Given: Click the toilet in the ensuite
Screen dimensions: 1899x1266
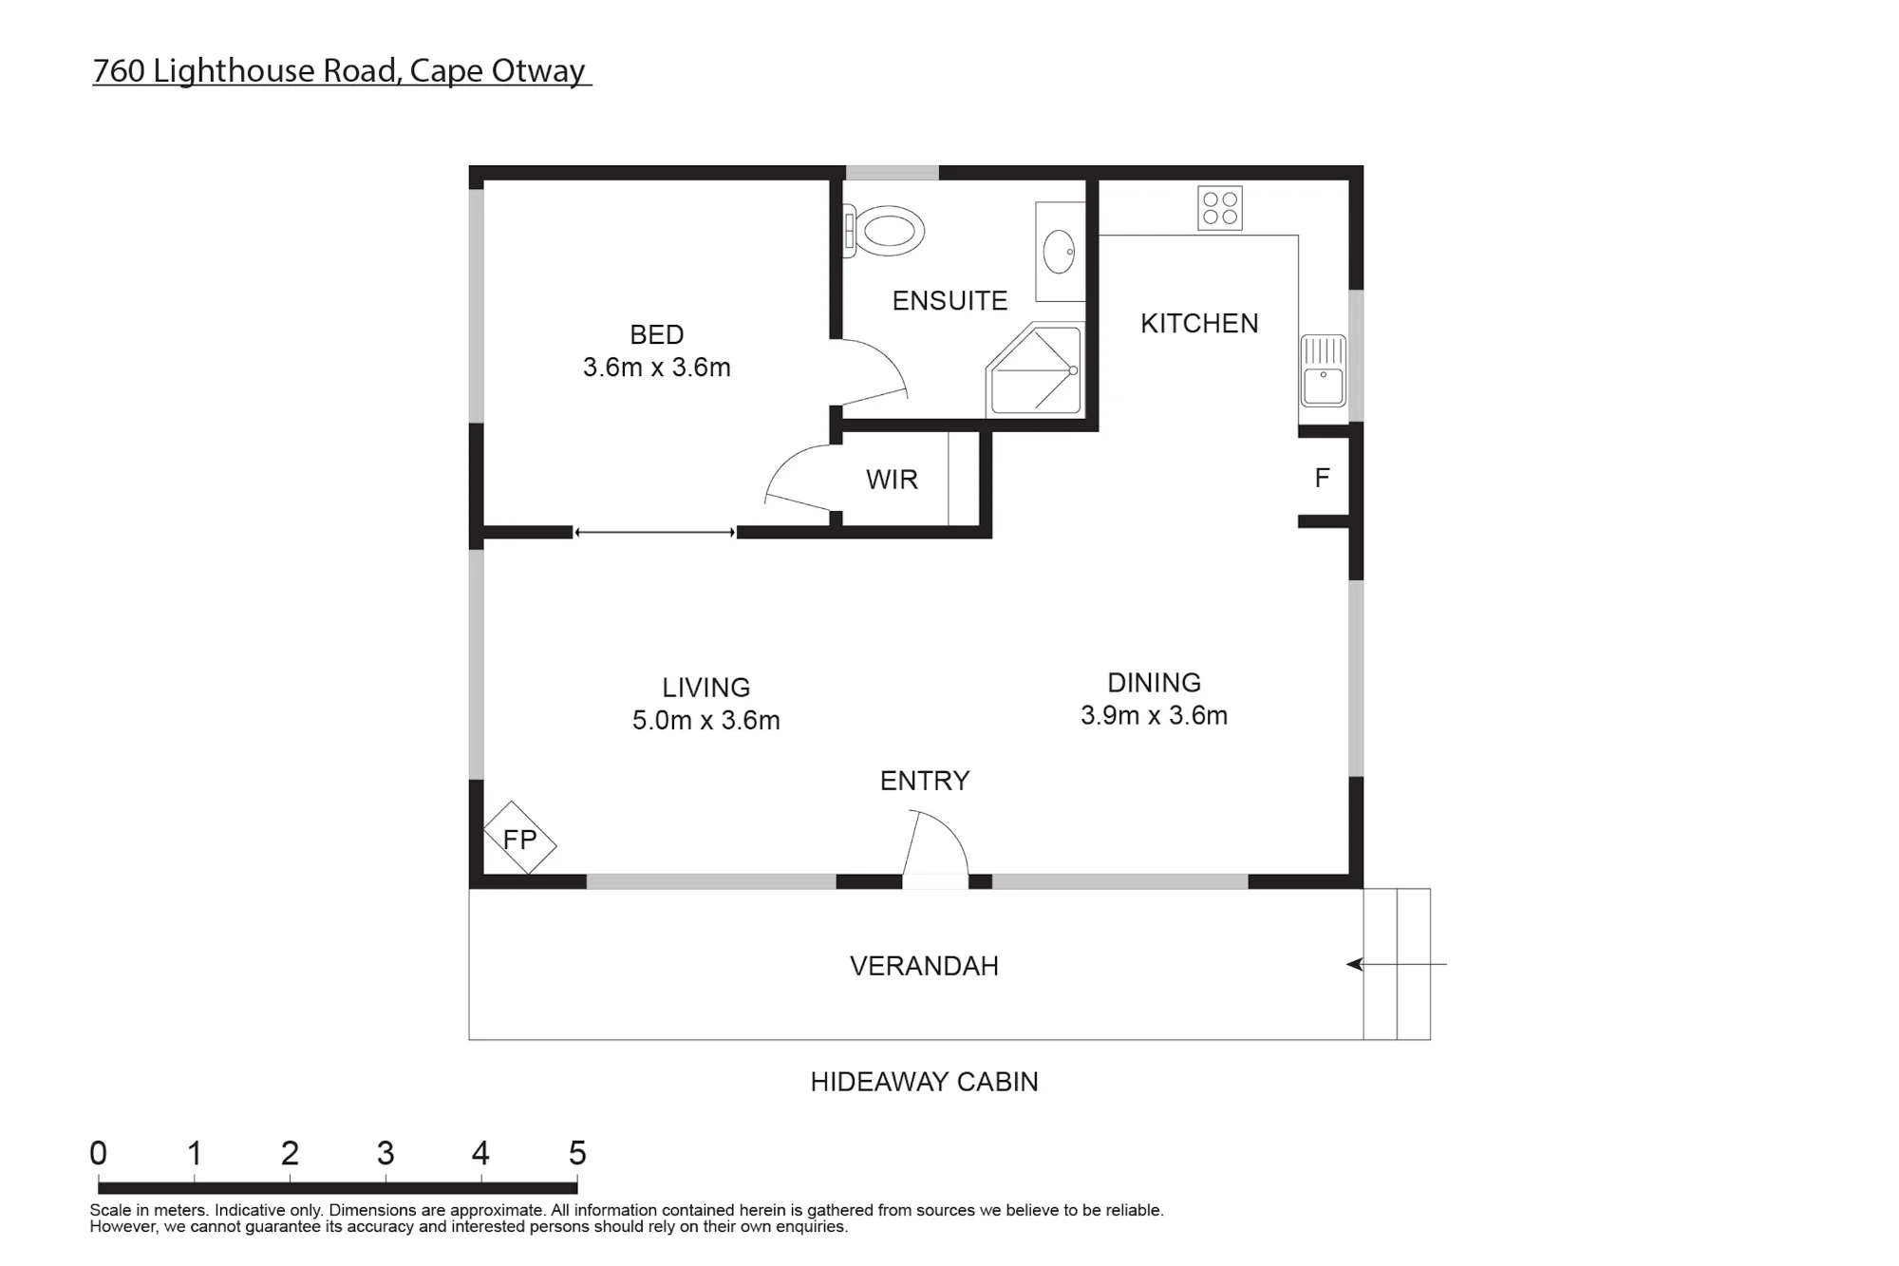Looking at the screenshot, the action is [x=884, y=231].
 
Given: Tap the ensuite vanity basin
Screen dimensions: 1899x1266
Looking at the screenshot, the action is [x=1059, y=252].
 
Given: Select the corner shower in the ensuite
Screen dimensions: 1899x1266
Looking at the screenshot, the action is [x=1034, y=370].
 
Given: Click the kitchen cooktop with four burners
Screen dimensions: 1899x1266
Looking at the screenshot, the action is [x=1220, y=208].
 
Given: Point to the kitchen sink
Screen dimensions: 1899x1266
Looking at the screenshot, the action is [x=1323, y=370].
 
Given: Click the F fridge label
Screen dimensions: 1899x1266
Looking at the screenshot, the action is [x=1322, y=478].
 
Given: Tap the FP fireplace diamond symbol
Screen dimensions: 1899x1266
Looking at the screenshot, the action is [x=519, y=838].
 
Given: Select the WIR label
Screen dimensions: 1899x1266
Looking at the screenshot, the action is [x=892, y=480].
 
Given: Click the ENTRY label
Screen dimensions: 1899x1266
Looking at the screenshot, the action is [x=925, y=781].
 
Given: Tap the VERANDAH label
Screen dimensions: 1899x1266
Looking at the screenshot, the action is [x=924, y=966].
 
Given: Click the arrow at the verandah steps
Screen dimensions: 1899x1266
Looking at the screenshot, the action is [x=1396, y=965].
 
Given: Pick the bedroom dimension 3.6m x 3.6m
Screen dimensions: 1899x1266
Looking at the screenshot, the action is [x=657, y=368].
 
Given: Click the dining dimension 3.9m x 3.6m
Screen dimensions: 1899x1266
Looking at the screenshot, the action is [x=1154, y=715].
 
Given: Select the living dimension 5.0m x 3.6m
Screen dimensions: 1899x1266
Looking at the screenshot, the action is [x=706, y=720].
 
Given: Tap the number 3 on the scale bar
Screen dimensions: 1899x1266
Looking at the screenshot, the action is [x=385, y=1153].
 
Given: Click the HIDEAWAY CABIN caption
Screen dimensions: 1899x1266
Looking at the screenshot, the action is [x=924, y=1082].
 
